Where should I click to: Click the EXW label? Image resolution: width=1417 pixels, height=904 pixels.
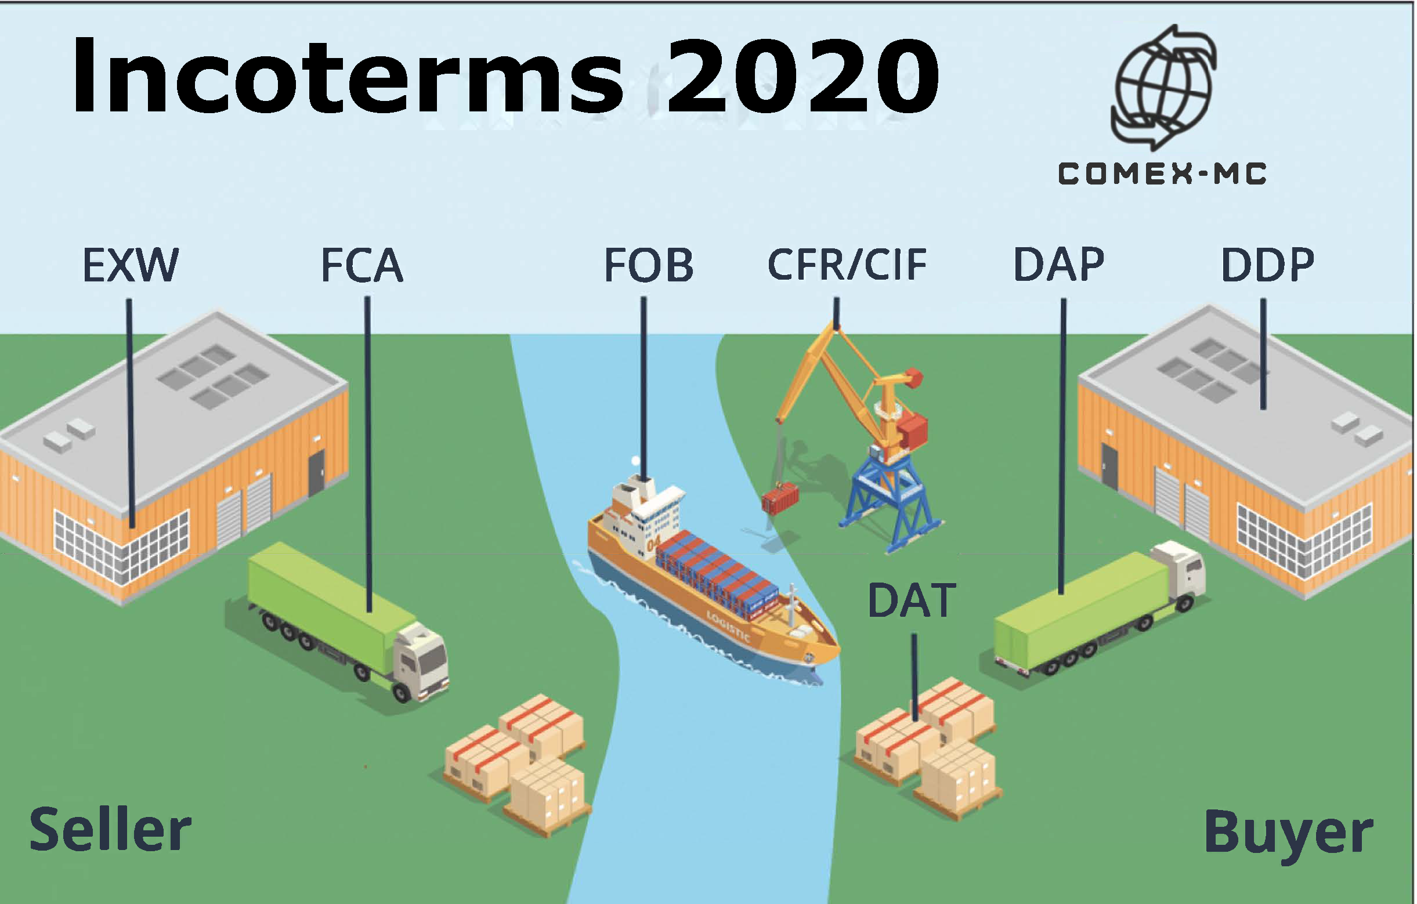131,265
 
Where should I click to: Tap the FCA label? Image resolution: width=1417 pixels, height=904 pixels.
362,265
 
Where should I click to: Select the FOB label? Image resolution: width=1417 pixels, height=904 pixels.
649,265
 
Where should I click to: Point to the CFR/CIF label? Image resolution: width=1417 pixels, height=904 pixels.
847,265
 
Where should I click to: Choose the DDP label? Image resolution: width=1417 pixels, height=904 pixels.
1267,265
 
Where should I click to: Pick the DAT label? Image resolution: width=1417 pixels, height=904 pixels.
912,601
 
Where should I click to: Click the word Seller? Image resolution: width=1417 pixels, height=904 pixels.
111,830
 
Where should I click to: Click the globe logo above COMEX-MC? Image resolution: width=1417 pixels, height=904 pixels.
1163,87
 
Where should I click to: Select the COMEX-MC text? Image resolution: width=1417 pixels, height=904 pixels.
1162,174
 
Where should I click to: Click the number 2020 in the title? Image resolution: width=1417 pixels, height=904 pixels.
803,75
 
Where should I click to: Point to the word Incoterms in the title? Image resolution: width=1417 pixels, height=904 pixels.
347,75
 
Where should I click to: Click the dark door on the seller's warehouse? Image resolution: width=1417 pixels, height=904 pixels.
316,473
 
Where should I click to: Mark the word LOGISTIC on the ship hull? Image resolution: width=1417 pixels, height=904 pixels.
728,627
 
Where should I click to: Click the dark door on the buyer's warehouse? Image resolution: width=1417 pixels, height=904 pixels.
1109,467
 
